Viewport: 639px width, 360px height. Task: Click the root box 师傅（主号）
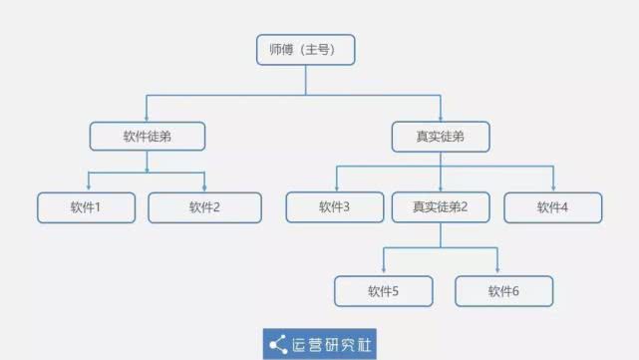point(305,50)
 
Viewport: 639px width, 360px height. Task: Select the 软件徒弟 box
point(148,136)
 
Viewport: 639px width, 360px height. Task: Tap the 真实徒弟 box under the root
point(440,136)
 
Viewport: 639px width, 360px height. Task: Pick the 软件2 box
point(204,206)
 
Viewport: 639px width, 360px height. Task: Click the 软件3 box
point(335,206)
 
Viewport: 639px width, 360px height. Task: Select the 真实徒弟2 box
point(440,206)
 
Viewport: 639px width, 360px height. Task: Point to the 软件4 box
point(552,206)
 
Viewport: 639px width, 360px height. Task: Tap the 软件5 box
point(383,291)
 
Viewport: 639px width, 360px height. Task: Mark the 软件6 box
point(503,291)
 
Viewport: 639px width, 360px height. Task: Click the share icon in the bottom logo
point(277,344)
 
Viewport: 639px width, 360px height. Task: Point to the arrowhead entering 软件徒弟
point(148,118)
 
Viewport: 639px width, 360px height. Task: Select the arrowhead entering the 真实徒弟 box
point(440,118)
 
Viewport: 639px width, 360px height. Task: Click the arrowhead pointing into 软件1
point(89,188)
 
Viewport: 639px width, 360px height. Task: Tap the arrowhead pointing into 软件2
point(204,188)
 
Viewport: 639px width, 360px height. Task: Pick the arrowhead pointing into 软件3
point(335,188)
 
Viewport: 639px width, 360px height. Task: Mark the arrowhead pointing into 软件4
point(552,188)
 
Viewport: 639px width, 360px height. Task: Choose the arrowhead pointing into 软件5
point(384,272)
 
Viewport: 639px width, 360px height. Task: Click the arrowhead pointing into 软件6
point(497,272)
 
